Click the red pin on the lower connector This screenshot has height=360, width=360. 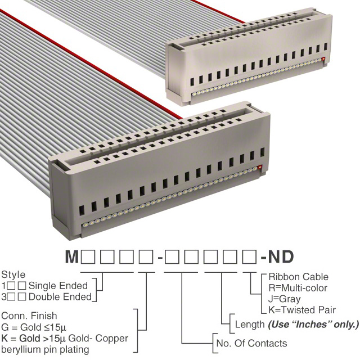click(x=260, y=167)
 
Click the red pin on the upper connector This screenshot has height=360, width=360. click(x=324, y=59)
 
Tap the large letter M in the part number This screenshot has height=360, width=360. click(x=72, y=256)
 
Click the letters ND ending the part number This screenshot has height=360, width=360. click(x=281, y=256)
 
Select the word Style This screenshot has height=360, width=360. click(x=13, y=275)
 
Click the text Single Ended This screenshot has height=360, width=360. click(x=58, y=286)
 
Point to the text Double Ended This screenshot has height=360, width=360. click(x=60, y=297)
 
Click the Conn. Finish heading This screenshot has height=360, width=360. click(x=29, y=316)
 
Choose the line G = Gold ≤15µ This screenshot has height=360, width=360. click(x=34, y=327)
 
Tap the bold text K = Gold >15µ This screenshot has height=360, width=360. click(x=34, y=339)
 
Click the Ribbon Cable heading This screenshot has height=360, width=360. click(x=299, y=277)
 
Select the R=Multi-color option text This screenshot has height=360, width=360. click(x=298, y=288)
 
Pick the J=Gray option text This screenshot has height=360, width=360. click(x=285, y=299)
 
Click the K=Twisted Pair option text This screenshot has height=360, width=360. click(x=302, y=310)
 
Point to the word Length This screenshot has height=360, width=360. click(x=250, y=325)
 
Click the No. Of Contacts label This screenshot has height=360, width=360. click(x=251, y=343)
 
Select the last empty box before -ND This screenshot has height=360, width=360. click(x=250, y=256)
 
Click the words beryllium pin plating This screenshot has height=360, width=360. click(x=45, y=350)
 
